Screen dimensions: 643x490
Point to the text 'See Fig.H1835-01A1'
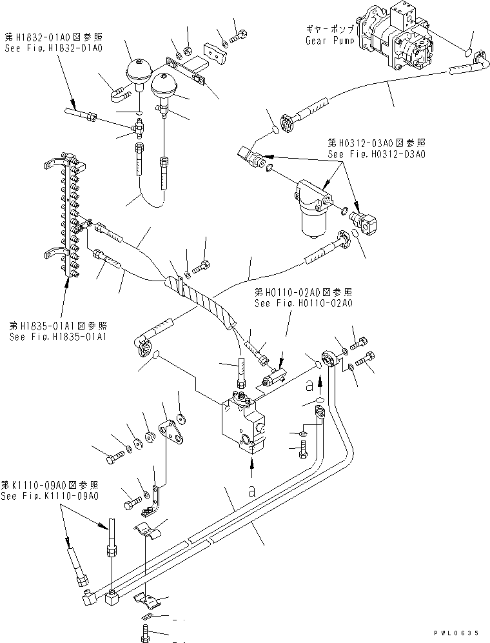58,337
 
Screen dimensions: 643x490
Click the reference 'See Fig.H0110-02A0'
303,302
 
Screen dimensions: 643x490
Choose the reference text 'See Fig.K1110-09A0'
50,496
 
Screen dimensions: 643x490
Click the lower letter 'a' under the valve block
251,490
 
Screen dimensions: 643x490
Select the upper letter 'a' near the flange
310,385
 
